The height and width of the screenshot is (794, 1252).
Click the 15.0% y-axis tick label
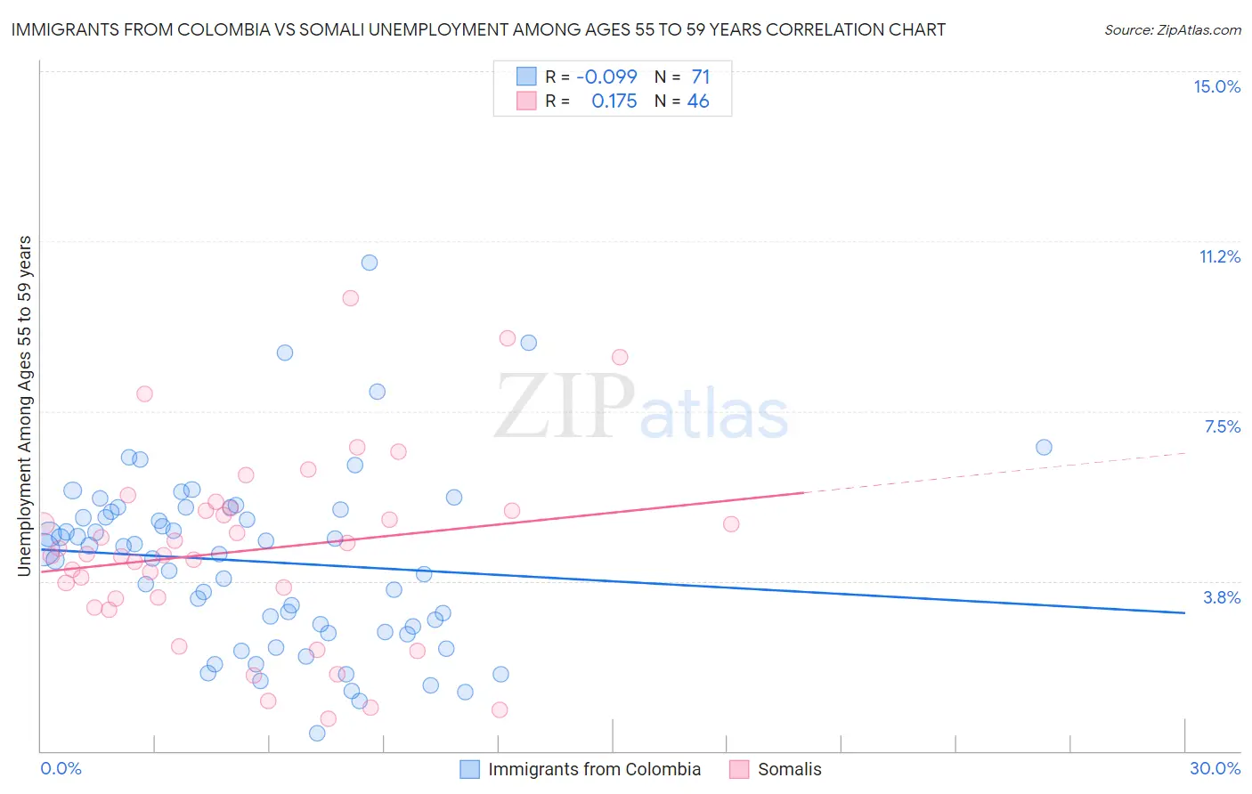[1216, 86]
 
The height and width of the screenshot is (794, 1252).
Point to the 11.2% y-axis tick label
[1219, 256]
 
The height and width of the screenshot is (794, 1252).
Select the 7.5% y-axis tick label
[1222, 426]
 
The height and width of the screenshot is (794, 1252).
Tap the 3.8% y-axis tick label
[1222, 597]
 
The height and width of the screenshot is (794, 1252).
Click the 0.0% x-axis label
[61, 768]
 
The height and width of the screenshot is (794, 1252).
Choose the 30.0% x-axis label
[1215, 768]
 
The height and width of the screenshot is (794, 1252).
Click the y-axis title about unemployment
[24, 406]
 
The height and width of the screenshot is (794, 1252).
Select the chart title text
[478, 29]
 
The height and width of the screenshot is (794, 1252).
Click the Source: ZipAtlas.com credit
[1172, 29]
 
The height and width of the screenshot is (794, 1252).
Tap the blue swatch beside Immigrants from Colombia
[469, 769]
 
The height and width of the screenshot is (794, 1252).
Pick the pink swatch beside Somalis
[739, 769]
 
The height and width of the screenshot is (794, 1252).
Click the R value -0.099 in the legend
[606, 77]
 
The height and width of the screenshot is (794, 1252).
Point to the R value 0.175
[614, 101]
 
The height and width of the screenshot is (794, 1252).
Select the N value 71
[700, 77]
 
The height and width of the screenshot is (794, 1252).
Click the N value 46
[698, 101]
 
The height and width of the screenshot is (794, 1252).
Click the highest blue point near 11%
[370, 263]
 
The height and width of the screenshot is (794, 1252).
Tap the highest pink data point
[351, 298]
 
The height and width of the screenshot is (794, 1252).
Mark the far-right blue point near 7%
[1044, 447]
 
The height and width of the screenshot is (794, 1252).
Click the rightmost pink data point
[731, 523]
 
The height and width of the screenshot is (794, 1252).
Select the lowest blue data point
[317, 733]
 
